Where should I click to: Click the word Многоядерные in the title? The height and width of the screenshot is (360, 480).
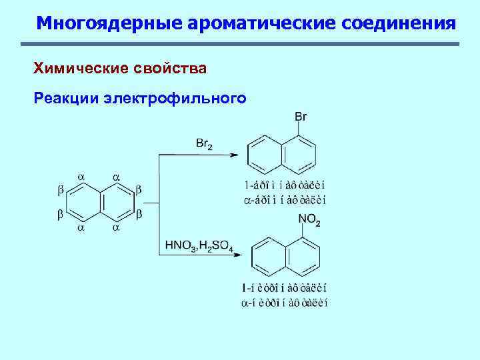click(x=109, y=23)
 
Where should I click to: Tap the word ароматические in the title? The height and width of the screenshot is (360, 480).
click(x=262, y=23)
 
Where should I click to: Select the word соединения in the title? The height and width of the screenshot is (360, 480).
click(x=399, y=23)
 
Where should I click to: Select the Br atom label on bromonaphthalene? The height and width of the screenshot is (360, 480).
click(x=300, y=117)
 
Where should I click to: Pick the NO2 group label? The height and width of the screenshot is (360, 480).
click(x=309, y=219)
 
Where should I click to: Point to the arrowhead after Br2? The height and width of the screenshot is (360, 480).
click(x=234, y=155)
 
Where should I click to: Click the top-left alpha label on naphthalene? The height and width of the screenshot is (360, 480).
click(x=81, y=177)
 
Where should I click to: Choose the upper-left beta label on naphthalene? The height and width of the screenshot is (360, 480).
click(x=61, y=191)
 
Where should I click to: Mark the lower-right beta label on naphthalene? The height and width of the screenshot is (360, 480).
click(x=139, y=215)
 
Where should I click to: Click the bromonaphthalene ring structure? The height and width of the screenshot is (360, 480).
click(x=282, y=154)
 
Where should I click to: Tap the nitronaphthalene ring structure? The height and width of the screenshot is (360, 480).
click(x=286, y=257)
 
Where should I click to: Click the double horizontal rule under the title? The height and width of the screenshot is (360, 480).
click(x=240, y=45)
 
